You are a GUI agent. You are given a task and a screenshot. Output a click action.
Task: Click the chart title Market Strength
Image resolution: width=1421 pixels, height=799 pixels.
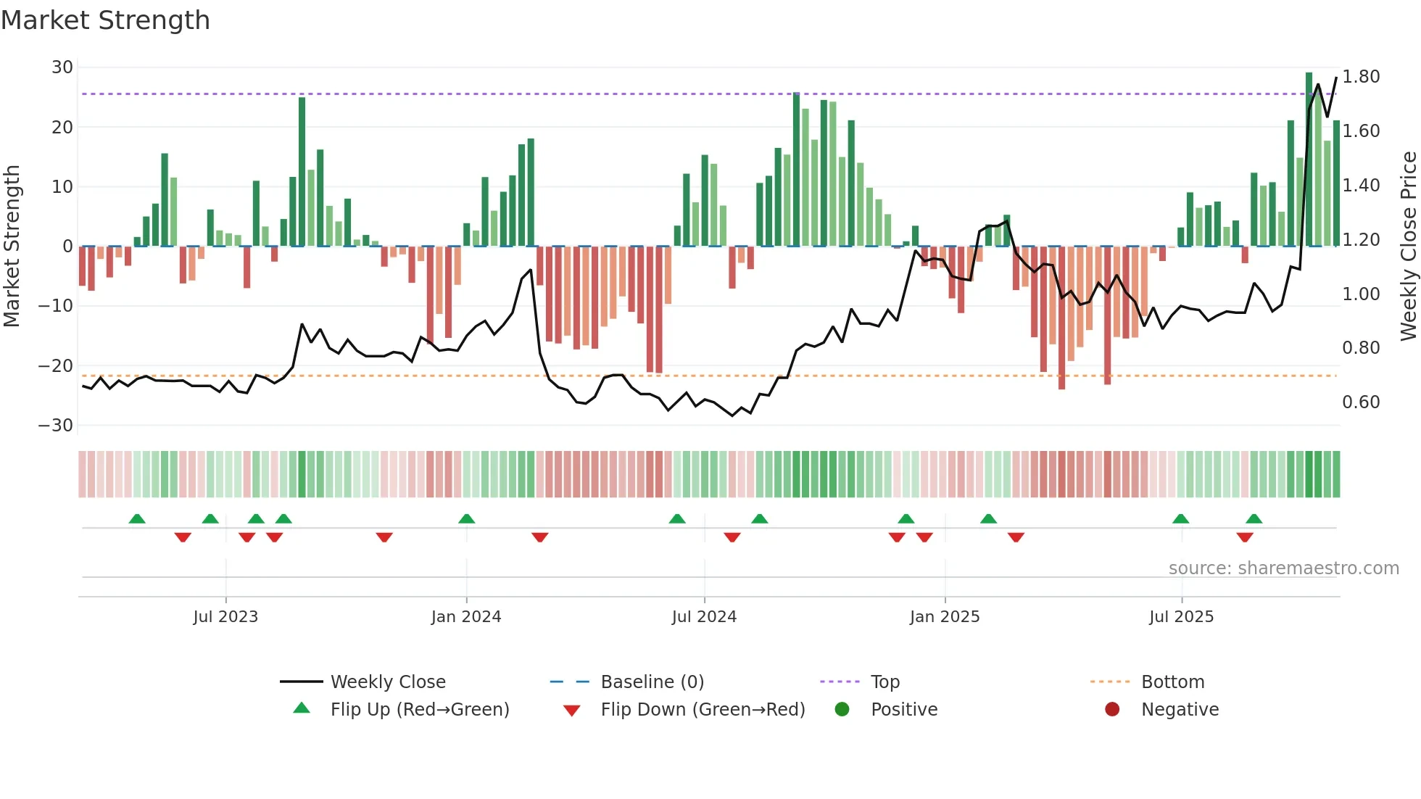(x=105, y=20)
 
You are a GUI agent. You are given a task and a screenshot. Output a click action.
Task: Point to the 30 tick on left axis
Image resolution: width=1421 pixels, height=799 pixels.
(x=62, y=67)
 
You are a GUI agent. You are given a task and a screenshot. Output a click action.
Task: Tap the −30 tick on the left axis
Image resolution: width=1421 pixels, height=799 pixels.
(x=56, y=426)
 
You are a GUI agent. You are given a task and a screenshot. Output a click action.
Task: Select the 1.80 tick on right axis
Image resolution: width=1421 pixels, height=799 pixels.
(x=1361, y=77)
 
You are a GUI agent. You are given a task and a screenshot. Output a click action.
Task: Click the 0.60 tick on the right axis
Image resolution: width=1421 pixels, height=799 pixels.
(x=1361, y=402)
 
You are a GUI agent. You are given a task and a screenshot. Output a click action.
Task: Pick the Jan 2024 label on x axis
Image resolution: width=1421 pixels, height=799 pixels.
(x=465, y=617)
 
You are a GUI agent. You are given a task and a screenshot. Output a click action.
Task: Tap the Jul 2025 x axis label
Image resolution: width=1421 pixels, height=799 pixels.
(x=1181, y=617)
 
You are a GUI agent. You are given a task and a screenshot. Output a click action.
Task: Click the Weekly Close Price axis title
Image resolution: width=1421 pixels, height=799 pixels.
(x=1408, y=246)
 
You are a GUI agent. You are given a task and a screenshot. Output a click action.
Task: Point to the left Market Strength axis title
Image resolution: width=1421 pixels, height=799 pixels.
(x=12, y=246)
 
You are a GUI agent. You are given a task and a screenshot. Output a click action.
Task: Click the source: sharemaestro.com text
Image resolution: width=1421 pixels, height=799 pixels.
(x=1283, y=568)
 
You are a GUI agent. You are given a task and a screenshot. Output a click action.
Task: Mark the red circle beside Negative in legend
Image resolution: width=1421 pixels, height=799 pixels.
(x=1112, y=710)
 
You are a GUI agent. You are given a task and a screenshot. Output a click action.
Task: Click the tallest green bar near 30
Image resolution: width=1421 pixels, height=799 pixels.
(x=1309, y=160)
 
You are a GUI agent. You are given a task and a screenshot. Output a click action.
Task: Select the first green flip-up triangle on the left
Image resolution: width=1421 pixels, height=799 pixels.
(x=137, y=518)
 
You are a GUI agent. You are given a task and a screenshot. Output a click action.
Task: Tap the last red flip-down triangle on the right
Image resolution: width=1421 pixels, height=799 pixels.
(x=1245, y=537)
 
